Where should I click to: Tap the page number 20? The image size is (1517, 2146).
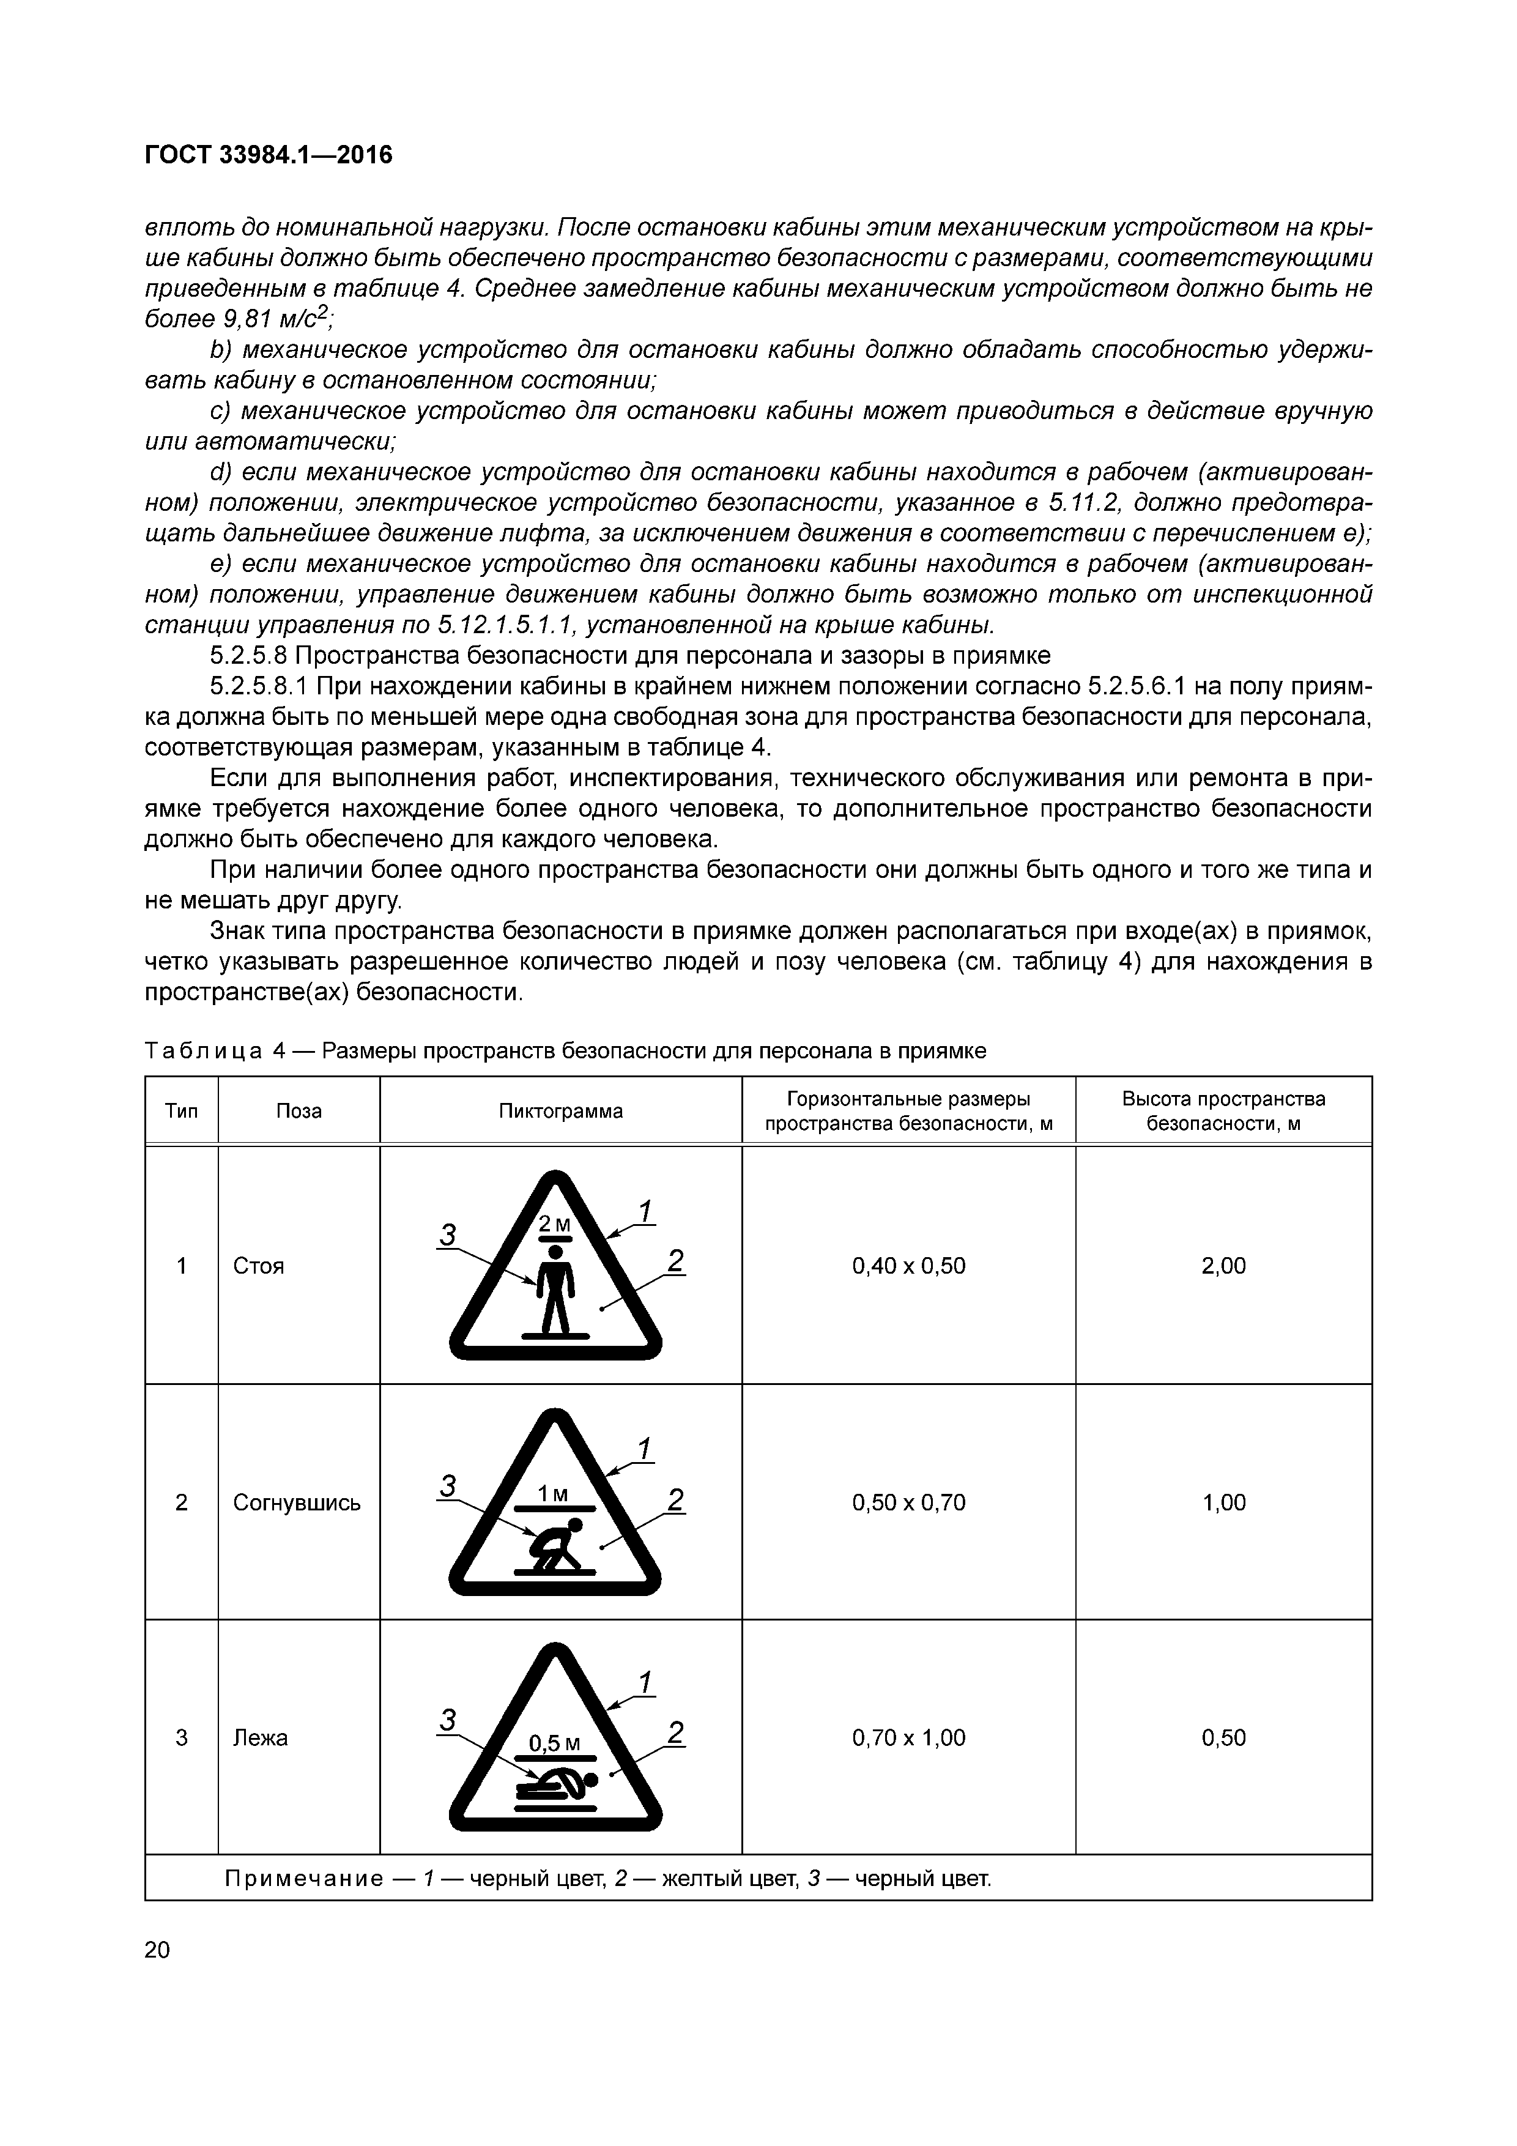158,1950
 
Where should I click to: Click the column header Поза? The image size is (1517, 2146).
299,1112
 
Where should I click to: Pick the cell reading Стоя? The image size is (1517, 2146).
259,1266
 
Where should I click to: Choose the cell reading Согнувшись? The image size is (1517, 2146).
296,1502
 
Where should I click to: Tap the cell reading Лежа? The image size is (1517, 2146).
261,1737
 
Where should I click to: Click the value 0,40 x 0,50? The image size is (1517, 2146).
908,1266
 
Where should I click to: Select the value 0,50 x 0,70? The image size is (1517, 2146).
908,1502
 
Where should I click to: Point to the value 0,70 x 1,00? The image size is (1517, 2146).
908,1737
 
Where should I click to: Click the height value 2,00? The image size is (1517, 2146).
1223,1266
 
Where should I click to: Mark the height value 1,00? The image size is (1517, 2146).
1223,1502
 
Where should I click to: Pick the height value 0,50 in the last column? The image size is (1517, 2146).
1223,1737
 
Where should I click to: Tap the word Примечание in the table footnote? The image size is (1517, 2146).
304,1879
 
